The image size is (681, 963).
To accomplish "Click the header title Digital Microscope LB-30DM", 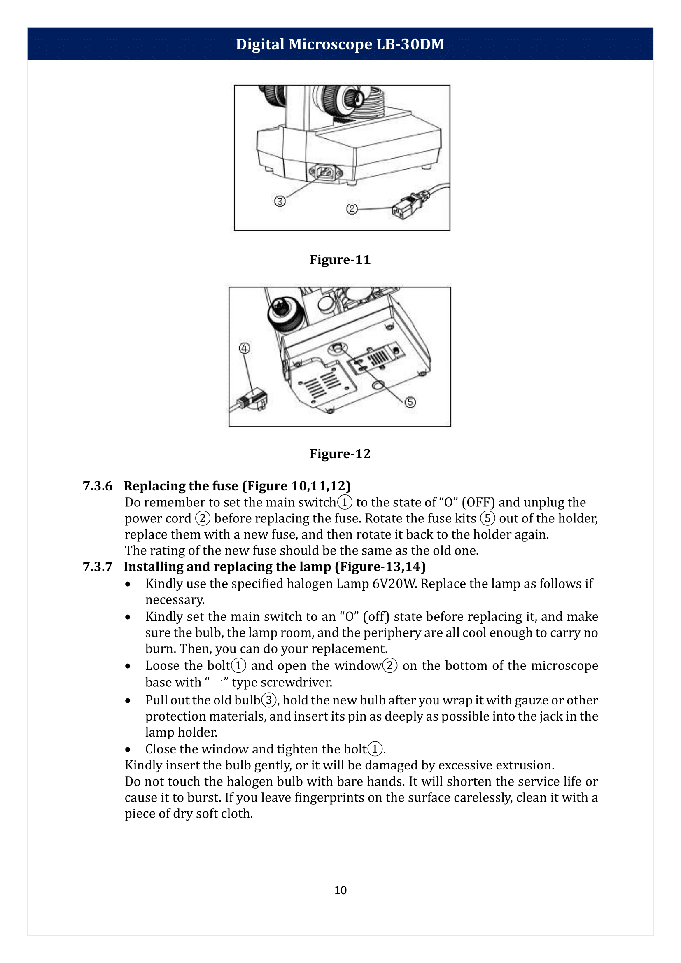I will (340, 44).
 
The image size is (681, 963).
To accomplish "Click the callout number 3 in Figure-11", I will (280, 201).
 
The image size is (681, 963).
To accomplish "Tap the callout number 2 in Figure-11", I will (352, 209).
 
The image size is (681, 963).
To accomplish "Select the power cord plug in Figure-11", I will (409, 205).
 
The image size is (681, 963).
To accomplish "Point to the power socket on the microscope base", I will (326, 172).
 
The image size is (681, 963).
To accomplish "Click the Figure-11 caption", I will (340, 260).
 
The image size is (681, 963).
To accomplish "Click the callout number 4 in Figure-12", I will (245, 348).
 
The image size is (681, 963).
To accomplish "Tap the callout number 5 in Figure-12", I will (410, 402).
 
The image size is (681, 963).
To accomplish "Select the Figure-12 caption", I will (340, 454).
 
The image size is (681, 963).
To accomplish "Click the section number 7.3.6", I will (97, 486).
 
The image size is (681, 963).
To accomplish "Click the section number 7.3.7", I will (97, 567).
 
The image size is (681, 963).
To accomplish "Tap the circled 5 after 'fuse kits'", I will (487, 518).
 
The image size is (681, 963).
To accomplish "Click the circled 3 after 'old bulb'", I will (269, 700).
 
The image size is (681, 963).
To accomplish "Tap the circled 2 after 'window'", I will (389, 666).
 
